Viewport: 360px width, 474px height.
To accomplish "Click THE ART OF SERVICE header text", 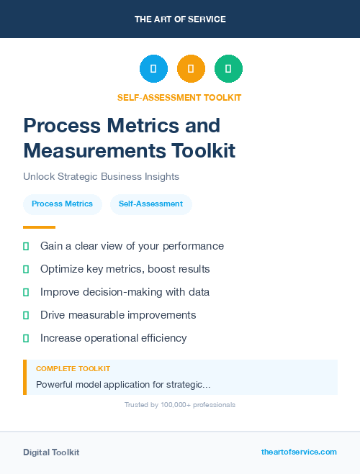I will [180, 19].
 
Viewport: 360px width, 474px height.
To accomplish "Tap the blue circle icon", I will [153, 69].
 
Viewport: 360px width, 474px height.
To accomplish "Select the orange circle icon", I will [191, 69].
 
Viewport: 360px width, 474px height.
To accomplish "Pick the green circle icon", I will [228, 69].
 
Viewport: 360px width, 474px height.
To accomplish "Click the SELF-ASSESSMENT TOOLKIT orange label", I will [179, 98].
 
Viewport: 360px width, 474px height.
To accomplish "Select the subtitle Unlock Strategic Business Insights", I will [101, 176].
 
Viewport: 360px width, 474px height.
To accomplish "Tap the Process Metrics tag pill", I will [62, 204].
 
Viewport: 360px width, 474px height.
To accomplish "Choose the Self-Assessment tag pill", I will [150, 204].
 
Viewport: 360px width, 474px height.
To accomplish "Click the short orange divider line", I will [39, 227].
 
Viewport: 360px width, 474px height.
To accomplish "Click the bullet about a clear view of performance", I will [132, 246].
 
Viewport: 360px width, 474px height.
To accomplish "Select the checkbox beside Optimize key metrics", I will [26, 269].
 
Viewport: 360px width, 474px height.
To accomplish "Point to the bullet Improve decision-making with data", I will [125, 292].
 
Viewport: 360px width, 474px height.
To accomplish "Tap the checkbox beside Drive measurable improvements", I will [26, 315].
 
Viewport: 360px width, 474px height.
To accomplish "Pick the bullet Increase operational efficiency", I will [113, 338].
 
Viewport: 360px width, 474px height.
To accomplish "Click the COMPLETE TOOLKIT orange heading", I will [73, 368].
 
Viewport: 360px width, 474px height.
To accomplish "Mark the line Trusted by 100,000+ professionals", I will [180, 405].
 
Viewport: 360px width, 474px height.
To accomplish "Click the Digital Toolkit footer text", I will [51, 452].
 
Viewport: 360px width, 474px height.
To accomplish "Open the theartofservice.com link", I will [299, 452].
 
